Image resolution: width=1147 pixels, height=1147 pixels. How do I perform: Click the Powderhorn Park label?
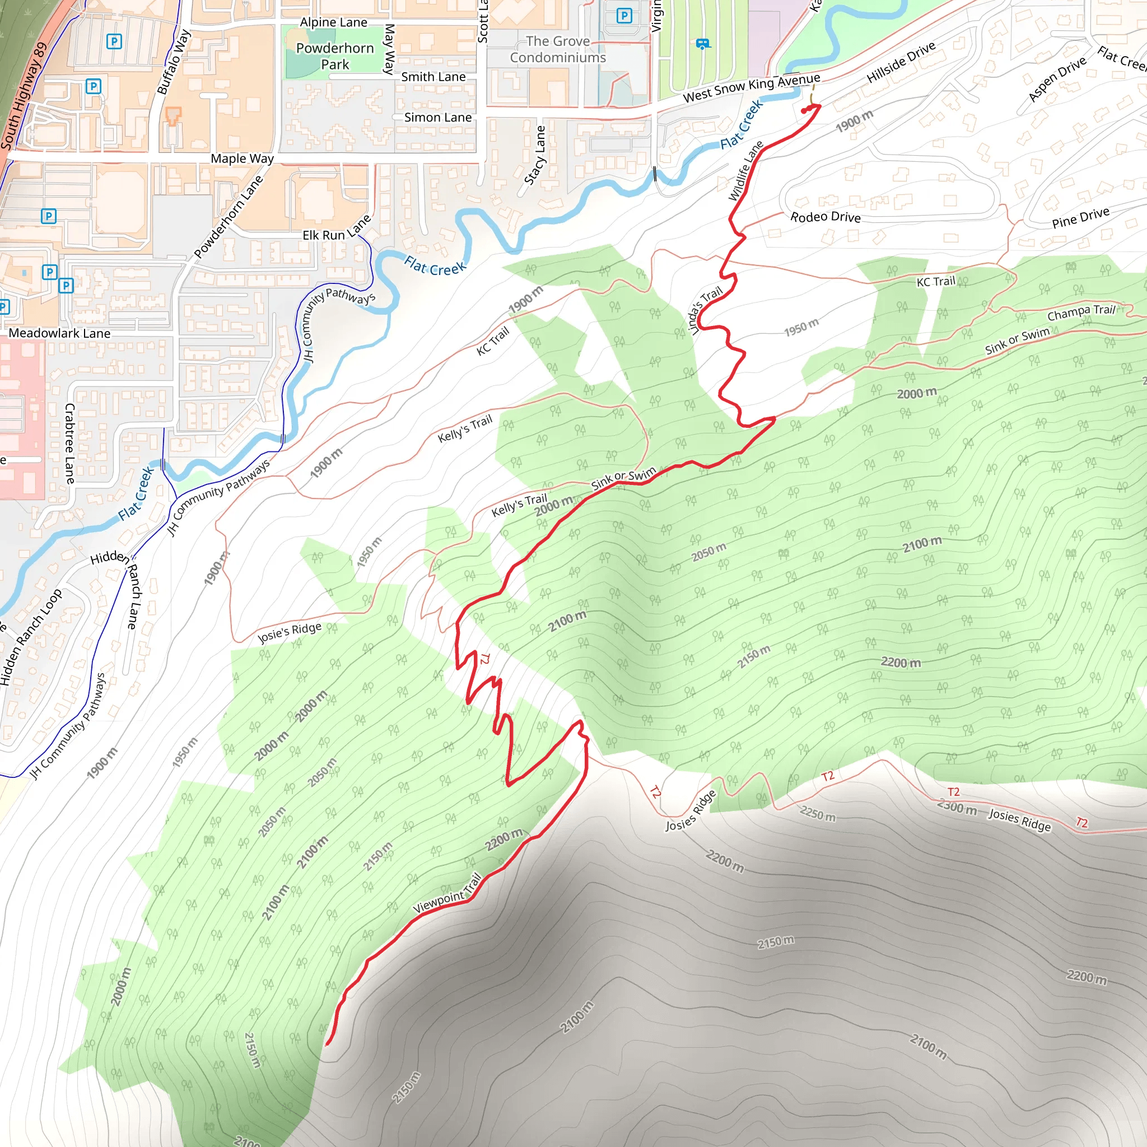tap(335, 56)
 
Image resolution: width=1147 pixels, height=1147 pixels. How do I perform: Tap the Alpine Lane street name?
tap(334, 22)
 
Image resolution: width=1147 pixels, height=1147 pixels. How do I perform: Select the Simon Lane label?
tap(438, 118)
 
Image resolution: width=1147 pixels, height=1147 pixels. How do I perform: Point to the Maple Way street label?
tap(242, 158)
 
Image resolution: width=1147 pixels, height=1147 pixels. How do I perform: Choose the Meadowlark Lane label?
tap(59, 333)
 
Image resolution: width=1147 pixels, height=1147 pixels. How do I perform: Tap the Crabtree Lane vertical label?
tap(69, 444)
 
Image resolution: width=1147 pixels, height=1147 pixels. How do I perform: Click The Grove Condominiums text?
tap(557, 49)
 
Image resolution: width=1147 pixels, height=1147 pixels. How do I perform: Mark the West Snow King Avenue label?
tap(752, 88)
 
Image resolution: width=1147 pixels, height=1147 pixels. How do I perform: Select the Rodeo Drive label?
tap(825, 217)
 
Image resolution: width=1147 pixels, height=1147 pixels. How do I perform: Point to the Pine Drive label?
tap(1080, 218)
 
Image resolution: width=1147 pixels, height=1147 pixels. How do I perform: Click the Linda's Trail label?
tap(705, 310)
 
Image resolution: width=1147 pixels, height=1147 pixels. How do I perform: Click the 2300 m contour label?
tap(957, 808)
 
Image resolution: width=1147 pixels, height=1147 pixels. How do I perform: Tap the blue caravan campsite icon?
tap(702, 43)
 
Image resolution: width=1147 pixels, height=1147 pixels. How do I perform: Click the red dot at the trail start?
tap(804, 111)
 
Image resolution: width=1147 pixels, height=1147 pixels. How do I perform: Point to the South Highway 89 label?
tap(24, 95)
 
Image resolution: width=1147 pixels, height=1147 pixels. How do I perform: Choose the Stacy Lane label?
tap(535, 156)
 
